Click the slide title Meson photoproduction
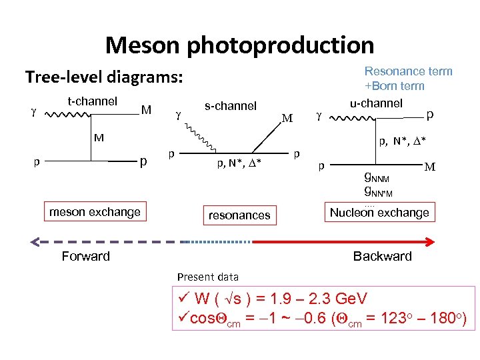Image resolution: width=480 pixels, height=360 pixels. pyautogui.click(x=239, y=45)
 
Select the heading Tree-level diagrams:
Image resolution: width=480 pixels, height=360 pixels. pyautogui.click(x=103, y=77)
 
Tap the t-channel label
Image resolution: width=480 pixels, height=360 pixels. pyautogui.click(x=92, y=101)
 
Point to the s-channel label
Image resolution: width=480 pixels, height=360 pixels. pyautogui.click(x=230, y=105)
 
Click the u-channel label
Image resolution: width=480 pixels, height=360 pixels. pyautogui.click(x=376, y=103)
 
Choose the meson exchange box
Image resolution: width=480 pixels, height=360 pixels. pyautogui.click(x=95, y=212)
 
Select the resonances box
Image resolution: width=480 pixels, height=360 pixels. pyautogui.click(x=239, y=215)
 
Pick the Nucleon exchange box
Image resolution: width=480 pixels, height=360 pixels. pyautogui.click(x=379, y=213)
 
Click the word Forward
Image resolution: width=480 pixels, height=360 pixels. pyautogui.click(x=85, y=256)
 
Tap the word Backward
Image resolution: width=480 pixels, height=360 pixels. pyautogui.click(x=382, y=256)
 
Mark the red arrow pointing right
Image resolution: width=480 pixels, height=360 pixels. pyautogui.click(x=333, y=241)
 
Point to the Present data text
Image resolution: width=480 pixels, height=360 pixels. pyautogui.click(x=207, y=277)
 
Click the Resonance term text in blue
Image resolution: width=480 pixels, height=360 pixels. pyautogui.click(x=408, y=71)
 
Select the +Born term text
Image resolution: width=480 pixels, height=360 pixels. pyautogui.click(x=394, y=86)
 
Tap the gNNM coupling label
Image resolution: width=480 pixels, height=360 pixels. pyautogui.click(x=377, y=178)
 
